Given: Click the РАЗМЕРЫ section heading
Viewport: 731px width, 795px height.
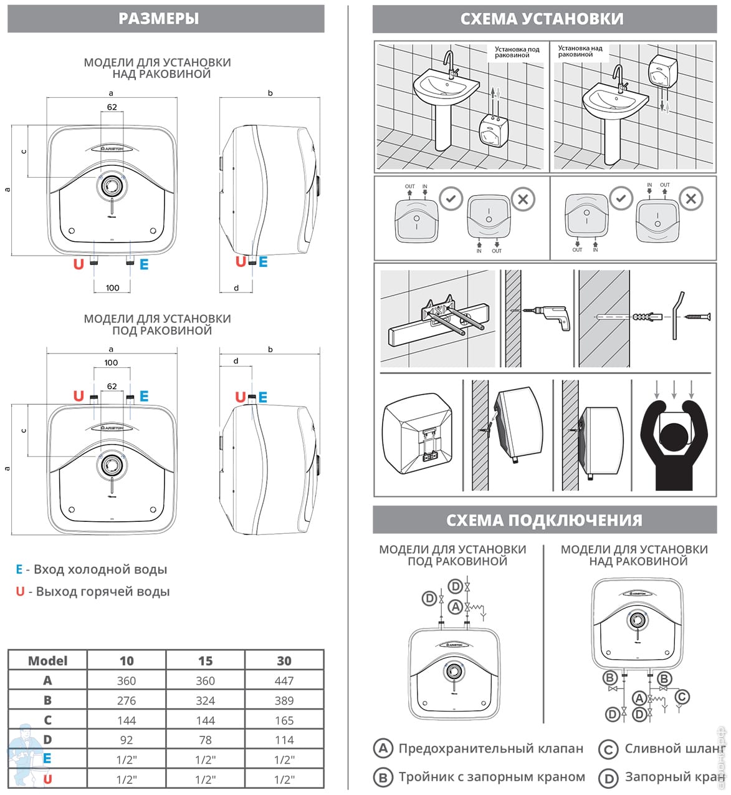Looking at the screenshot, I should tap(159, 19).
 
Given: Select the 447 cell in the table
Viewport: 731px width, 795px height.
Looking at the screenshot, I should tap(284, 681).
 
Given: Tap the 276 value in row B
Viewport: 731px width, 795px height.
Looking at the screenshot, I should tap(127, 701).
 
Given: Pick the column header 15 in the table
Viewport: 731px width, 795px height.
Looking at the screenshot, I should tap(205, 661).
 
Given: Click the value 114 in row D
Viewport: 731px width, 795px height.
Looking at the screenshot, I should tap(284, 740).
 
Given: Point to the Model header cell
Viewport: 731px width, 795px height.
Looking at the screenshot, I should tap(48, 661).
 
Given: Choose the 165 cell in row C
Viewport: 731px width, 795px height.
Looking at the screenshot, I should tap(284, 721).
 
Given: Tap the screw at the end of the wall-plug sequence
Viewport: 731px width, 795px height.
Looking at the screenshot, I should tap(697, 317).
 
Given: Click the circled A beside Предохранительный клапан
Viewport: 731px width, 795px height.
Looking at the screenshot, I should tap(383, 748).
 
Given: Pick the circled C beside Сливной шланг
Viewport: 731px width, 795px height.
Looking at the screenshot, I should tap(608, 748).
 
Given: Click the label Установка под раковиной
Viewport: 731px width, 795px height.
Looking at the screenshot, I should tap(517, 52).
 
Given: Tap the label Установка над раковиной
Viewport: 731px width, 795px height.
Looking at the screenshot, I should tap(580, 51).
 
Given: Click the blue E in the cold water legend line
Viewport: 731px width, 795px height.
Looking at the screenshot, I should tap(19, 569).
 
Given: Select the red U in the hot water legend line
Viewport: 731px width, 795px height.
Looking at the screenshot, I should tap(20, 592).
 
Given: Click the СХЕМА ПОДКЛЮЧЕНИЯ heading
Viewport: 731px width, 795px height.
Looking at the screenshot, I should tap(544, 520).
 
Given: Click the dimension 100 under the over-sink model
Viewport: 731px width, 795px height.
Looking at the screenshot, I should tap(112, 288).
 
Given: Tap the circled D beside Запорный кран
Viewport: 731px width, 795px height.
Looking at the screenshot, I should tap(608, 778).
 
